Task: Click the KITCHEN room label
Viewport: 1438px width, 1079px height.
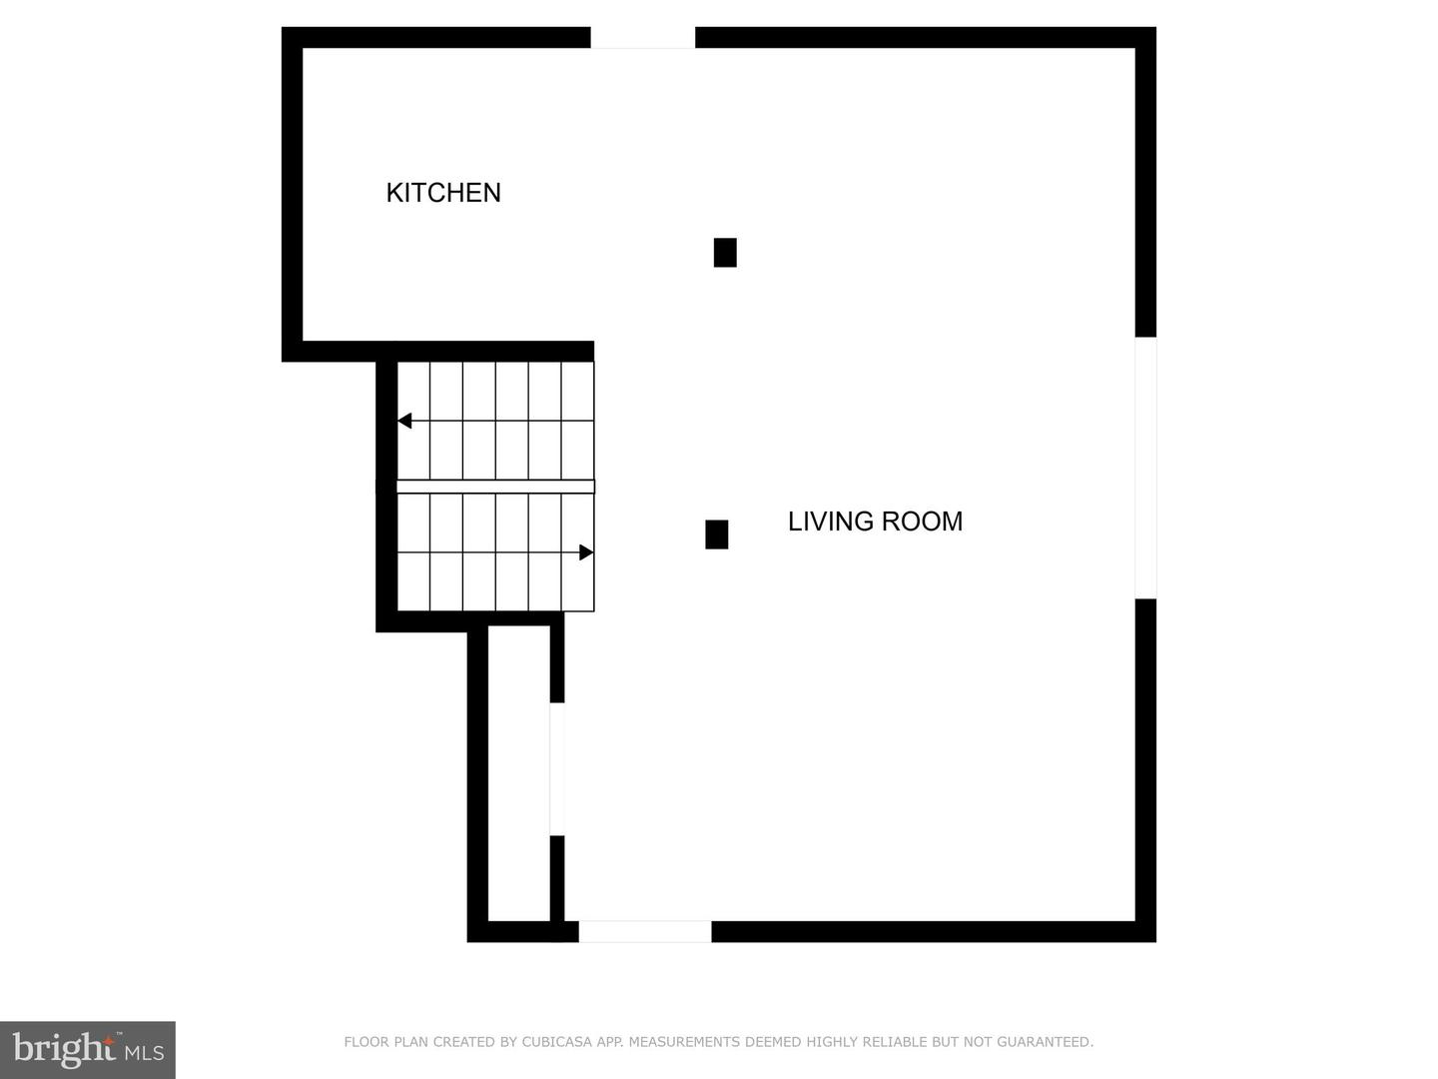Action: click(443, 193)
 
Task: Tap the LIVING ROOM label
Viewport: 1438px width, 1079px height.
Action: click(875, 522)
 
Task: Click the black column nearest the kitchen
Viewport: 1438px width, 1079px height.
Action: click(725, 253)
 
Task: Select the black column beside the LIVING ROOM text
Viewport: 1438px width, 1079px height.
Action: click(716, 535)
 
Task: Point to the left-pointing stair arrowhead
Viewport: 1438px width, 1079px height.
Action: click(404, 421)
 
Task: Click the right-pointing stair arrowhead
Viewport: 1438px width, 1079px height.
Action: click(586, 552)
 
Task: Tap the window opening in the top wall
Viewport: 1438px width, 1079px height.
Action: click(642, 38)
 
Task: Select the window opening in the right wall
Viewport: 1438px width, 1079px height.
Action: click(1145, 468)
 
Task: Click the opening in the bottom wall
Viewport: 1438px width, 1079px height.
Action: click(645, 931)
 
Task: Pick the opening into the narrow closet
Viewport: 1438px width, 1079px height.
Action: click(557, 769)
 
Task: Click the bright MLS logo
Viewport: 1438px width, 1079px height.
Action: click(88, 1049)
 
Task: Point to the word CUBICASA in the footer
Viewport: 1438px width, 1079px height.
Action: click(555, 1042)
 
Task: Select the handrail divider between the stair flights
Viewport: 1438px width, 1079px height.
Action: click(495, 487)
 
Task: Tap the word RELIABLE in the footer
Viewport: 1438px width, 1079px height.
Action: click(891, 1042)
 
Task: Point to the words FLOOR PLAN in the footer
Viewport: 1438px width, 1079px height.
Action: click(386, 1042)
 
